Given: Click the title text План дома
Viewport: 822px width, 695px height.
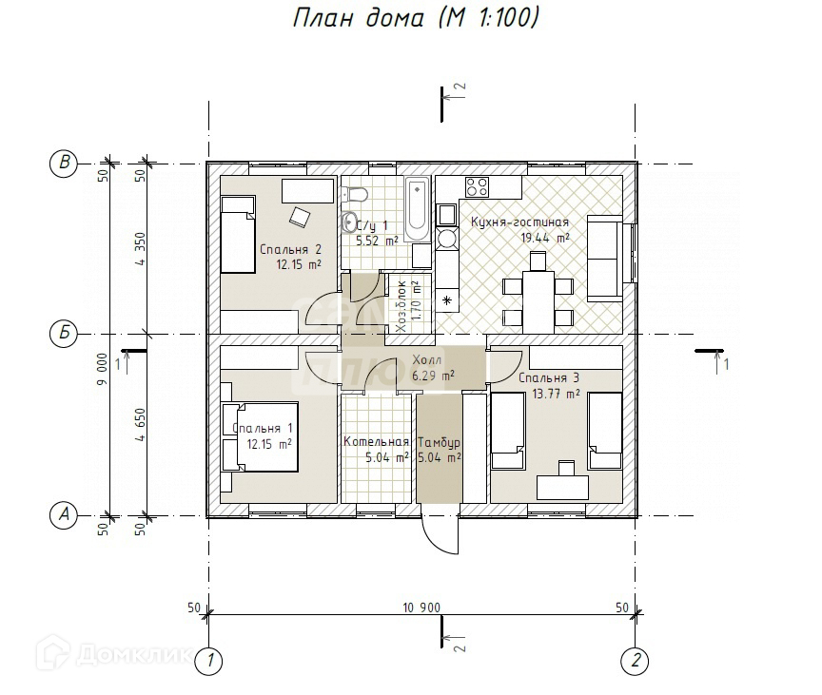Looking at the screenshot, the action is pyautogui.click(x=358, y=18).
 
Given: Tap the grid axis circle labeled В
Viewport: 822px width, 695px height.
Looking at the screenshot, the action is pyautogui.click(x=64, y=163).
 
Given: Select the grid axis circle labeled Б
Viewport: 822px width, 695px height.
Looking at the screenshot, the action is pyautogui.click(x=64, y=333).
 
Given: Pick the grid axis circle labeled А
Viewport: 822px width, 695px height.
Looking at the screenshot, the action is pyautogui.click(x=64, y=515).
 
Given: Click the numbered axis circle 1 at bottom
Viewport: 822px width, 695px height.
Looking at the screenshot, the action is pyautogui.click(x=208, y=661).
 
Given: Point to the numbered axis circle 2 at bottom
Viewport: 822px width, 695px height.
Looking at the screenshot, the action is pyautogui.click(x=635, y=661).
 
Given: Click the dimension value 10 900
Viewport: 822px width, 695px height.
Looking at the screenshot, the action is pyautogui.click(x=421, y=608).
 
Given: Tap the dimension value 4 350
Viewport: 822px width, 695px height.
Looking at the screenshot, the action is pyautogui.click(x=140, y=249).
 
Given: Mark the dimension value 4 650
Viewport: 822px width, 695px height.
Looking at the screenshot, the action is pyautogui.click(x=140, y=425).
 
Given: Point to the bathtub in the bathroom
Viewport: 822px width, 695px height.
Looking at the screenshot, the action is pyautogui.click(x=418, y=209).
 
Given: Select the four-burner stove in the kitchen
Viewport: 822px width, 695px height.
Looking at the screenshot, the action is pyautogui.click(x=477, y=187).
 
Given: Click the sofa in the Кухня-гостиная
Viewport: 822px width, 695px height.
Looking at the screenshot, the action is pyautogui.click(x=605, y=259).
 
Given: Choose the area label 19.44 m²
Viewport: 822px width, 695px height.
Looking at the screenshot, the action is pyautogui.click(x=545, y=239).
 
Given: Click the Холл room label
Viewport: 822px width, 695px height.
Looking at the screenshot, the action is pyautogui.click(x=427, y=359).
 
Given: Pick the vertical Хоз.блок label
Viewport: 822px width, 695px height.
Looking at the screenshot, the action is pyautogui.click(x=401, y=307).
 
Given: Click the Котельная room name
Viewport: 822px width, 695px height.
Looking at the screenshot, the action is pyautogui.click(x=376, y=441).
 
